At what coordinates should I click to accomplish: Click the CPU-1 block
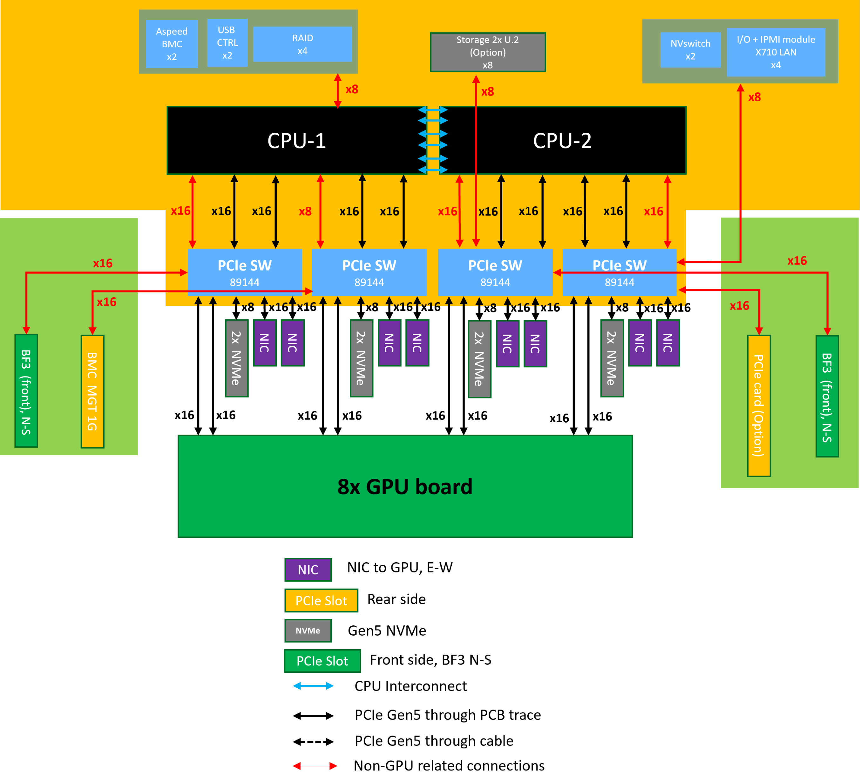tap(297, 140)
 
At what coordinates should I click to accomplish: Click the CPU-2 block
tap(562, 140)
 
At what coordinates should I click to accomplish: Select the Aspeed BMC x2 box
tap(172, 44)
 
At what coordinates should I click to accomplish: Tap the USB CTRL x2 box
tap(227, 43)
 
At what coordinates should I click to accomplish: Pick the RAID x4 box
tap(302, 44)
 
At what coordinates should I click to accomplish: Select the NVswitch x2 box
tap(690, 50)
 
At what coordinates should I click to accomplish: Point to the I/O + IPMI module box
tap(776, 52)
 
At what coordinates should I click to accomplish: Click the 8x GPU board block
tap(405, 486)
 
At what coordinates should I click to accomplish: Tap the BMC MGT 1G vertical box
tap(92, 391)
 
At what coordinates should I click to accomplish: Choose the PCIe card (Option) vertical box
tap(759, 406)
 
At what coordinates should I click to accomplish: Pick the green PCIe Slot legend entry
tap(322, 661)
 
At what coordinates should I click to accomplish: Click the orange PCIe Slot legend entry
tap(321, 600)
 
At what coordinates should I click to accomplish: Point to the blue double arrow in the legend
tap(313, 685)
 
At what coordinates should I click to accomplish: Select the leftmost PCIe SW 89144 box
tap(245, 272)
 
